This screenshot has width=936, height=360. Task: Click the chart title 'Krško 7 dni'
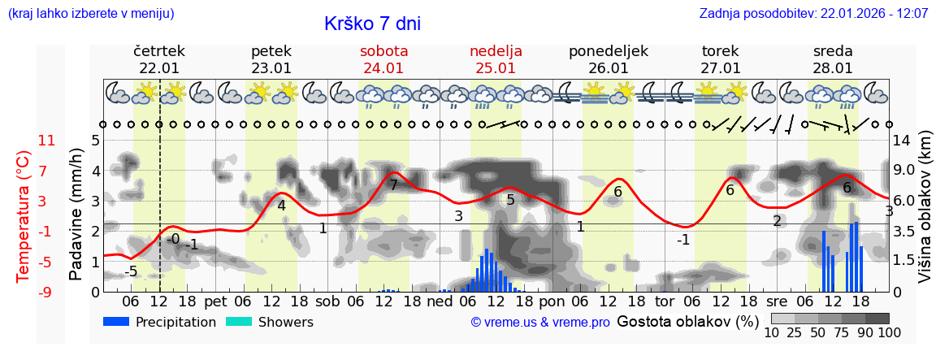click(x=372, y=24)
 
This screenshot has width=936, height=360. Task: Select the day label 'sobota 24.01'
click(x=383, y=59)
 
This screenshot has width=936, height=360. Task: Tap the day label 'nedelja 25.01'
click(x=496, y=59)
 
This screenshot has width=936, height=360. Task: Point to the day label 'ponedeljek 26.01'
click(x=608, y=59)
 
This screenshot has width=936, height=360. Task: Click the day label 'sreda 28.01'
click(x=833, y=59)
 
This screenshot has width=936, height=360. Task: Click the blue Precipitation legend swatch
click(x=116, y=322)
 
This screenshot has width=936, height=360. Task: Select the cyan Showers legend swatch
click(x=238, y=322)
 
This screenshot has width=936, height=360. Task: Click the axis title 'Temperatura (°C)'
click(x=24, y=215)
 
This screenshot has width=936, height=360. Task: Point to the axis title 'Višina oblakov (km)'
click(x=925, y=215)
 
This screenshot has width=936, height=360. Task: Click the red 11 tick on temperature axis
click(x=47, y=141)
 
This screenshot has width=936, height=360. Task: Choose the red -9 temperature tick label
click(x=47, y=292)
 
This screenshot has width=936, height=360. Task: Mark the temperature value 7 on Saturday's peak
click(x=393, y=185)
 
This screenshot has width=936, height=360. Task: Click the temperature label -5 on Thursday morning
click(x=131, y=271)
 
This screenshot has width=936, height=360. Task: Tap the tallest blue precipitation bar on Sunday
click(x=486, y=270)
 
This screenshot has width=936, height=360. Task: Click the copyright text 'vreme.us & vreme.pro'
click(x=540, y=323)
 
